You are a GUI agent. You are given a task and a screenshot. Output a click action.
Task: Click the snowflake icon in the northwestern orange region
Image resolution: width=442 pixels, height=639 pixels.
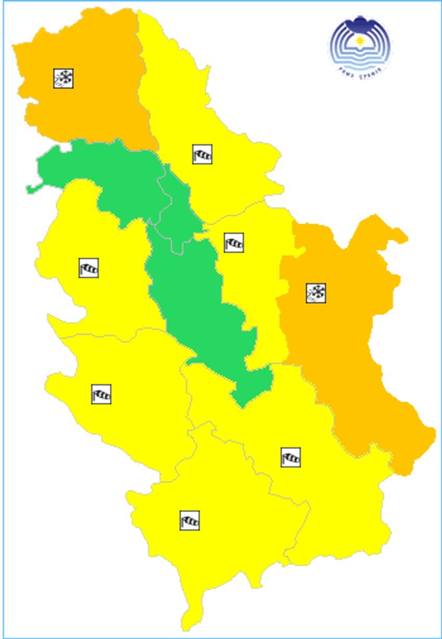[x=63, y=78]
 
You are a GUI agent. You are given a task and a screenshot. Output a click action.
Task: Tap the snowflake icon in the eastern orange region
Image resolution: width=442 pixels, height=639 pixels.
[x=316, y=293]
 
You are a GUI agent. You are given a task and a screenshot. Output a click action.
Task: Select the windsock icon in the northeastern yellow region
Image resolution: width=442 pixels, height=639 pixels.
[x=202, y=155]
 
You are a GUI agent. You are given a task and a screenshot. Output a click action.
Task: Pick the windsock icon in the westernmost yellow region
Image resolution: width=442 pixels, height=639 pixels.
[x=88, y=268]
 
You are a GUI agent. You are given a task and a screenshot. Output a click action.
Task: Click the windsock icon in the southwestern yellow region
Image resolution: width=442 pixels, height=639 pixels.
[x=101, y=394]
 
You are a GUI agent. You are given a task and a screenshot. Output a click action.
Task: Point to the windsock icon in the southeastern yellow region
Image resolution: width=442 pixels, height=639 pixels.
[x=290, y=457]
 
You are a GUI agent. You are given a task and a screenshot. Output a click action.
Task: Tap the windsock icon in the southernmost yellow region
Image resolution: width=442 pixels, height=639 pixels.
[x=189, y=520]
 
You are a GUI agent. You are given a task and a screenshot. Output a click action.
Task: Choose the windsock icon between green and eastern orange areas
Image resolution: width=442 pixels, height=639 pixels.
[x=233, y=242]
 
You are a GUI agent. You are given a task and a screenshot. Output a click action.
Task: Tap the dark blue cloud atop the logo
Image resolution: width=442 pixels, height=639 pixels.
[x=359, y=23]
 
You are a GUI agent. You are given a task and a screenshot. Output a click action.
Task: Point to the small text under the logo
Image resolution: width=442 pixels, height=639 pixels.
[x=359, y=69]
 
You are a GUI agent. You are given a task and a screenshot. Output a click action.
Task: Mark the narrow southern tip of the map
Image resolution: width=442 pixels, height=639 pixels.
[x=188, y=624]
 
